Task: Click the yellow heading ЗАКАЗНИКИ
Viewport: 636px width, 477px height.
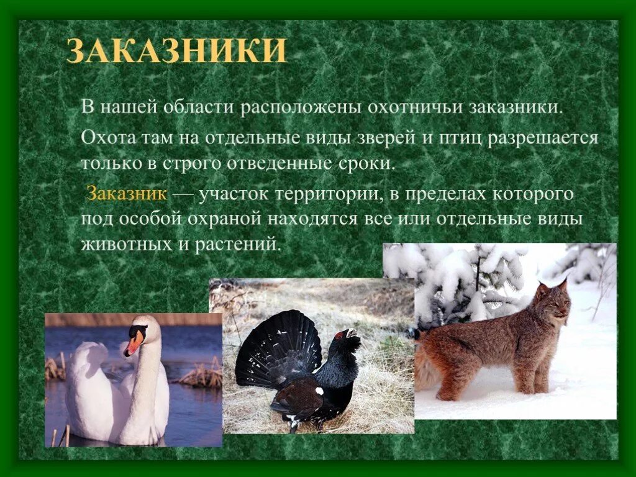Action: click(x=176, y=51)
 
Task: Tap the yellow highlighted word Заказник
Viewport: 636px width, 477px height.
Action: click(x=127, y=193)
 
